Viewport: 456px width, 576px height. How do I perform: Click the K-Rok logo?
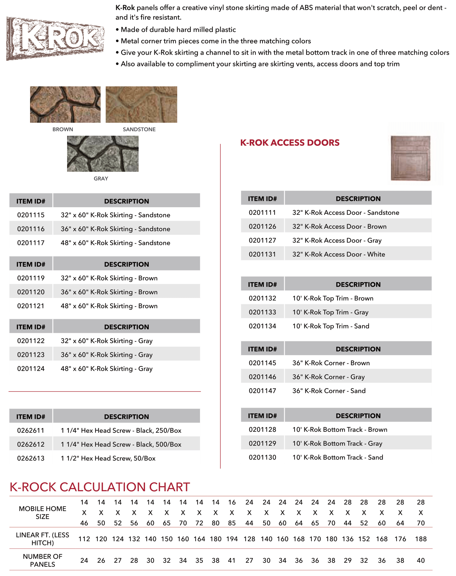point(55,39)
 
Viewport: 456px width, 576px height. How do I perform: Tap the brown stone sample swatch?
point(65,104)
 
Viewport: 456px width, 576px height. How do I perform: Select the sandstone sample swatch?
point(141,104)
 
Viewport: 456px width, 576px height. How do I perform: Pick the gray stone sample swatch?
point(103,154)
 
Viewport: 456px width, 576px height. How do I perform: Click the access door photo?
point(411,158)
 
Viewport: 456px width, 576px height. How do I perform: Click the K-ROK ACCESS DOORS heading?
point(290,143)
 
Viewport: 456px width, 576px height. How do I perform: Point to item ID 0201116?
point(31,229)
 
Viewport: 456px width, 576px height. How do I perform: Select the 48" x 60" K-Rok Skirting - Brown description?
point(109,306)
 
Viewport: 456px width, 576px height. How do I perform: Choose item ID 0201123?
point(31,355)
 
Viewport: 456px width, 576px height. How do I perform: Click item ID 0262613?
point(31,458)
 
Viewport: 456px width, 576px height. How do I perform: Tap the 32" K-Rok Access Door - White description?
point(339,254)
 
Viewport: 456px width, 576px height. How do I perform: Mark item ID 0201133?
point(262,312)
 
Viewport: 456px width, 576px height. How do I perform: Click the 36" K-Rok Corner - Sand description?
point(329,391)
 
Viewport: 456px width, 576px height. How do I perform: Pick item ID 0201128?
point(262,430)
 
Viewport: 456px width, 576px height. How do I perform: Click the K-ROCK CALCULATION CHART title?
point(100,487)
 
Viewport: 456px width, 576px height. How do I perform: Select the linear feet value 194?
point(232,539)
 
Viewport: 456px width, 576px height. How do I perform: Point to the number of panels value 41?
point(232,561)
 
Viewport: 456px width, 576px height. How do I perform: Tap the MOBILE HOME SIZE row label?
point(42,513)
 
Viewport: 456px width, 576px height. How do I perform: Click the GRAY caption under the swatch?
point(101,179)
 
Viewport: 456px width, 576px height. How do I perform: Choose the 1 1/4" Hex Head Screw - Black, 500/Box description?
point(121,444)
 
